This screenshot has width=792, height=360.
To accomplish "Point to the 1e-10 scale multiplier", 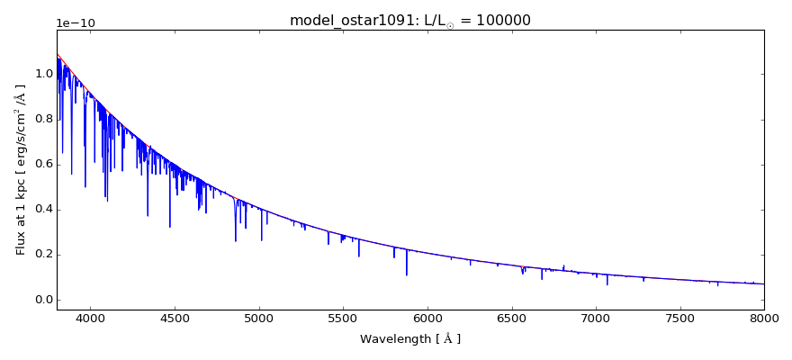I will [75, 23].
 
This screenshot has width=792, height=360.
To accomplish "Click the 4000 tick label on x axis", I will [90, 318].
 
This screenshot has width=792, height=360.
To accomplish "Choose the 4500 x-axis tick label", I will [175, 318].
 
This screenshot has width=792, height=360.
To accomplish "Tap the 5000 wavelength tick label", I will [259, 318].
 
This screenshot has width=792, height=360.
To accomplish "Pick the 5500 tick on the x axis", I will [343, 318].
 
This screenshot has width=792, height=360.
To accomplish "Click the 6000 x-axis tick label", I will [427, 318].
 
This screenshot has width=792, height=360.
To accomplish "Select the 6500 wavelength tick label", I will [511, 318].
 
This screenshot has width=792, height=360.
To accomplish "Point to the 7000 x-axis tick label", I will [596, 318].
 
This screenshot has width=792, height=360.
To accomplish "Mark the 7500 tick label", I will [680, 318].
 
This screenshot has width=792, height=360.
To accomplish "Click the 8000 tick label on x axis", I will [764, 318].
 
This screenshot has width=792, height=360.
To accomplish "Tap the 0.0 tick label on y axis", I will [42, 300].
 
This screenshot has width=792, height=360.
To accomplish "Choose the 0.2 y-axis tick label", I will [42, 255].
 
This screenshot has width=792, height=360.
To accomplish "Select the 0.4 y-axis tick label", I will [42, 210].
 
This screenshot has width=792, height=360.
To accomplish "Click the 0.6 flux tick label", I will [42, 165].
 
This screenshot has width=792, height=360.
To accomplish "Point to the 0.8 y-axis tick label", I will [42, 120].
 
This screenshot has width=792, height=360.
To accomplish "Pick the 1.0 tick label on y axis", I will [42, 74].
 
